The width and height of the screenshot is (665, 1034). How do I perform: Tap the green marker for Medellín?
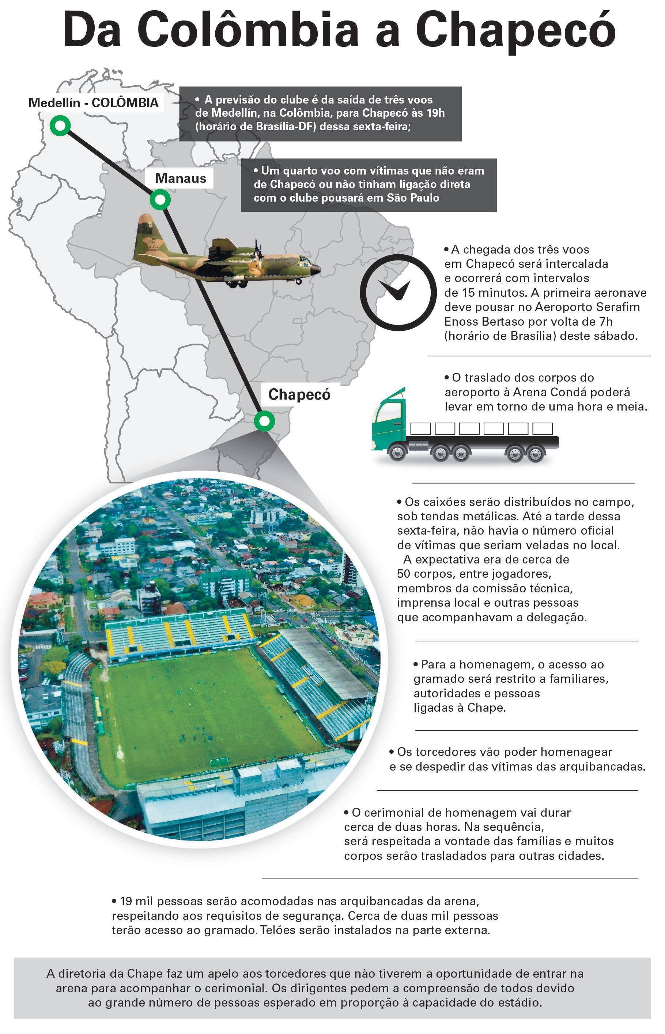point(60,126)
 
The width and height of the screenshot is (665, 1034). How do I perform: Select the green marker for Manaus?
point(160,200)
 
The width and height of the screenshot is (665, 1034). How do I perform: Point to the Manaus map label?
point(180,178)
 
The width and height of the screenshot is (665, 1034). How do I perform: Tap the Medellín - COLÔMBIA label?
point(93,103)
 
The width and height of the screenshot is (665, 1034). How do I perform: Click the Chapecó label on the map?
point(299,394)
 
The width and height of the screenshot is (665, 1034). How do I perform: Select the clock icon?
point(398,292)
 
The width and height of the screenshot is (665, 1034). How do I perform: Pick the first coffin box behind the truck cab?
point(420,428)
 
